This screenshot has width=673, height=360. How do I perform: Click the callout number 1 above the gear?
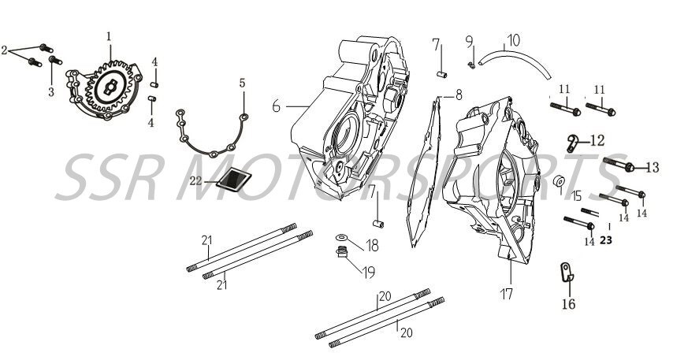pyautogui.click(x=109, y=35)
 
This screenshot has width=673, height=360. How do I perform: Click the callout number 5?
pyautogui.click(x=243, y=82)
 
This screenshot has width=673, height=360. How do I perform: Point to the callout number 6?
pyautogui.click(x=277, y=106)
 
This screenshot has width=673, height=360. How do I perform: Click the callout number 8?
pyautogui.click(x=459, y=95)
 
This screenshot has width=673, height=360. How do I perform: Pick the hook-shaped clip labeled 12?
pyautogui.click(x=574, y=142)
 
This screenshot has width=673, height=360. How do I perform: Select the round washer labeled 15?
pyautogui.click(x=559, y=184)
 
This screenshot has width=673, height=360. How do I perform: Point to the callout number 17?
pyautogui.click(x=506, y=294)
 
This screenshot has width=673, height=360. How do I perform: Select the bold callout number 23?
pyautogui.click(x=605, y=241)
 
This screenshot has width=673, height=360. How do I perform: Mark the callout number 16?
pyautogui.click(x=567, y=304)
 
